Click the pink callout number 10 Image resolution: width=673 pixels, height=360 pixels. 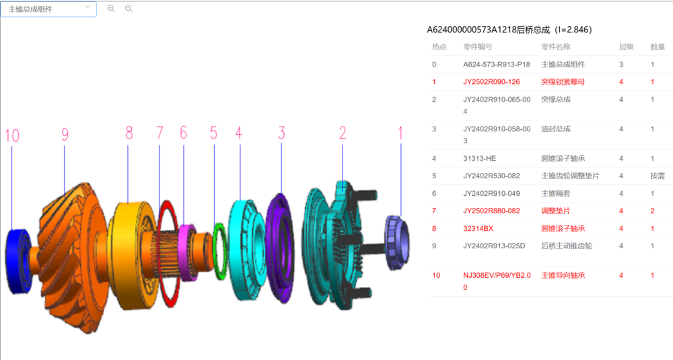12,135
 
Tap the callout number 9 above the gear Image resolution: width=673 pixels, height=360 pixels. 65,134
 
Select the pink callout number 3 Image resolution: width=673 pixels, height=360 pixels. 282,133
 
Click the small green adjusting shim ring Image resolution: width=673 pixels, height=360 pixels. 219,251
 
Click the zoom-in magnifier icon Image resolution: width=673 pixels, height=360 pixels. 111,9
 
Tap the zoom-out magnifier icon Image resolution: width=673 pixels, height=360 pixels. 129,9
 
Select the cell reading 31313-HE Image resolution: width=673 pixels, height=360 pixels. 479,158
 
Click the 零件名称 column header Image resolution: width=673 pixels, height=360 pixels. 555,46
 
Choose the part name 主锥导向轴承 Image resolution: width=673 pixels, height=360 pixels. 563,275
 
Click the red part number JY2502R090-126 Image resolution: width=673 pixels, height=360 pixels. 491,82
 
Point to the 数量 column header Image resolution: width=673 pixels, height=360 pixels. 657,46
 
